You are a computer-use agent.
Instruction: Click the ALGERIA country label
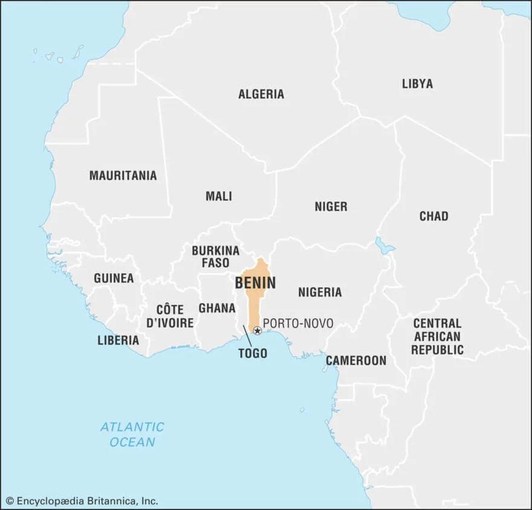pyautogui.click(x=261, y=94)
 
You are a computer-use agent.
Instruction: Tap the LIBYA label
pyautogui.click(x=417, y=84)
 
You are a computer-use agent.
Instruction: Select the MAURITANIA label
pyautogui.click(x=123, y=176)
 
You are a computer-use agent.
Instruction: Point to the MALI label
pyautogui.click(x=218, y=196)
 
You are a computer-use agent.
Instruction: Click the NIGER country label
pyautogui.click(x=331, y=207)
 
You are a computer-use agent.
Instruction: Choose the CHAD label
pyautogui.click(x=433, y=216)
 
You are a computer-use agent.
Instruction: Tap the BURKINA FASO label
pyautogui.click(x=215, y=256)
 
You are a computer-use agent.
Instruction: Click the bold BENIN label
pyautogui.click(x=256, y=283)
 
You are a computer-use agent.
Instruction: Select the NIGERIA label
pyautogui.click(x=320, y=292)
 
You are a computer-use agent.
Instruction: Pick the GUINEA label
pyautogui.click(x=114, y=279)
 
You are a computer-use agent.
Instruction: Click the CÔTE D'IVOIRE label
pyautogui.click(x=170, y=315)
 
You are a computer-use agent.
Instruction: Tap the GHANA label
pyautogui.click(x=216, y=308)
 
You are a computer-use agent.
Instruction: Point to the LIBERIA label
pyautogui.click(x=118, y=340)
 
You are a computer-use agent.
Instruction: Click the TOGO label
pyautogui.click(x=253, y=353)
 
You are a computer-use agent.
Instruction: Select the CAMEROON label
pyautogui.click(x=355, y=361)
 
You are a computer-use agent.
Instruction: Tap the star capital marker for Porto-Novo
pyautogui.click(x=257, y=331)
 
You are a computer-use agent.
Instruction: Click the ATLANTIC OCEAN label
pyautogui.click(x=132, y=434)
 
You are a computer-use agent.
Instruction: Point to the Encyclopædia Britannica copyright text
pyautogui.click(x=82, y=501)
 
